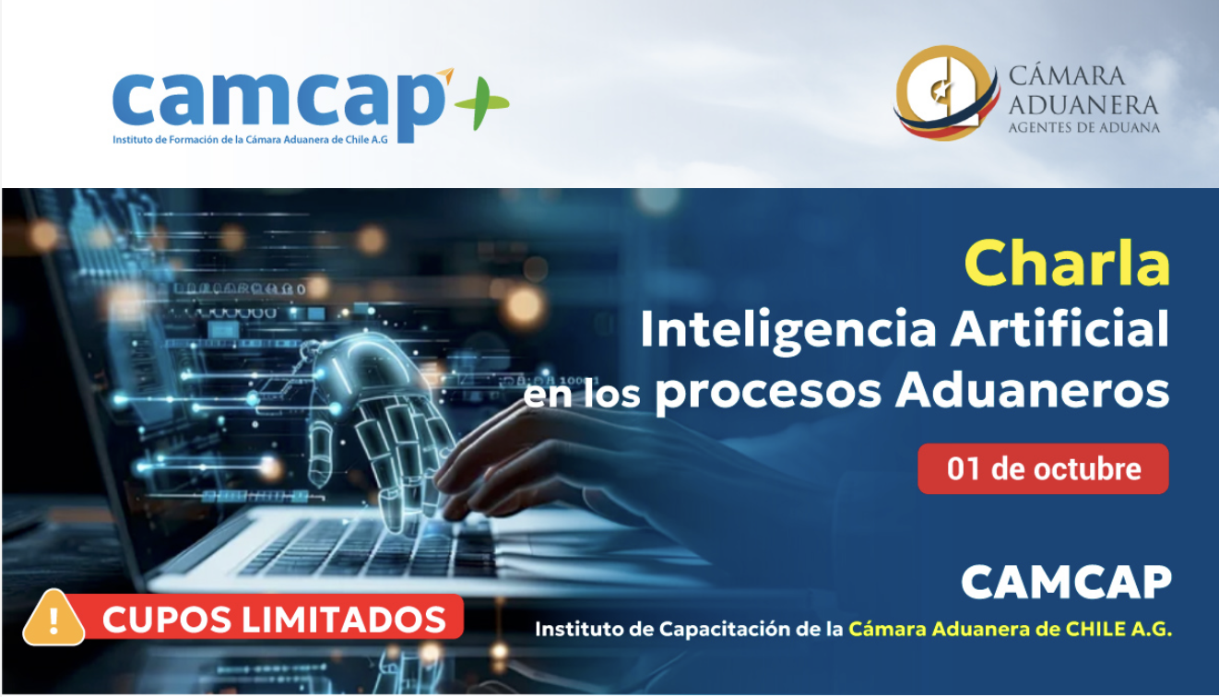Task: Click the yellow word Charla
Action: tap(1067, 265)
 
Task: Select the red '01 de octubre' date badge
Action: tap(1043, 469)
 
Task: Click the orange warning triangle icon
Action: tap(53, 619)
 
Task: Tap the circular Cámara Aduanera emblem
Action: tap(945, 94)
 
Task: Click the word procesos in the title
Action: tap(769, 392)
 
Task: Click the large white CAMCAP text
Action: tap(1066, 583)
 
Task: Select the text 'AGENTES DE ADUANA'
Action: tap(1083, 128)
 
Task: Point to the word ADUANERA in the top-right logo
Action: tap(1083, 103)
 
